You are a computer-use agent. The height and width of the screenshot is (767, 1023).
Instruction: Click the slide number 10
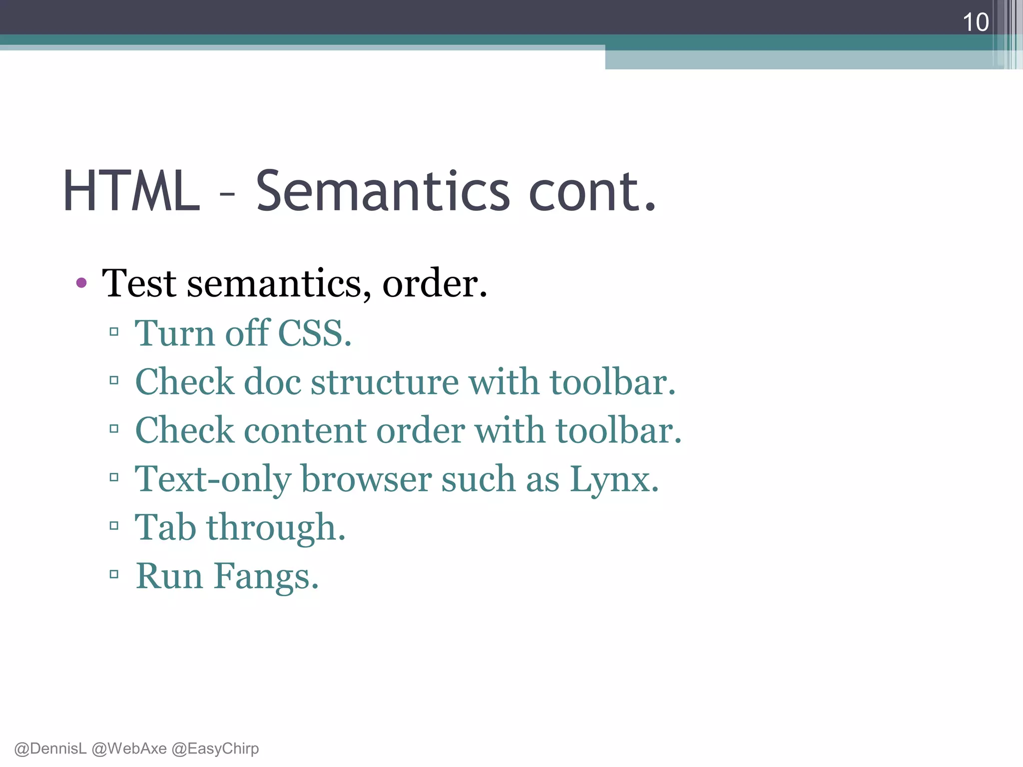(975, 22)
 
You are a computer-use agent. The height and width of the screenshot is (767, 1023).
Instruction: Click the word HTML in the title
(131, 191)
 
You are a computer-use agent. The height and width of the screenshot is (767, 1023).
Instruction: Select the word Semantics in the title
(383, 191)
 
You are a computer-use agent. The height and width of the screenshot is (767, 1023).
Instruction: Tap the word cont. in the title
(592, 191)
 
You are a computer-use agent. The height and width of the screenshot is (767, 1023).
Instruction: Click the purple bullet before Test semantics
(81, 283)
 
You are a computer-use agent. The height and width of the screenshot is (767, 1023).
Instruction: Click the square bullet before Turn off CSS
(114, 332)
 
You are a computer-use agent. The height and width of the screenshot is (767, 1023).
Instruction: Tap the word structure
(385, 382)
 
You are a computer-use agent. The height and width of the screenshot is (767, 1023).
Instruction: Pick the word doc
(272, 382)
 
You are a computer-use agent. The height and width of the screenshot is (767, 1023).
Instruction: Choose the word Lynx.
(614, 479)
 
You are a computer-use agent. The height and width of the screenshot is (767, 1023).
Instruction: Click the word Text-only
(213, 479)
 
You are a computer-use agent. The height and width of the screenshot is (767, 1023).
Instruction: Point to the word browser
(366, 479)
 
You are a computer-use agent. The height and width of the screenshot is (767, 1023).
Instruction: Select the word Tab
(165, 527)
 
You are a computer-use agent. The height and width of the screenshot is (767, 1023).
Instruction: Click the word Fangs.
(266, 576)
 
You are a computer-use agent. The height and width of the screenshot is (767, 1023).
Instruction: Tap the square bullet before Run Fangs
(114, 574)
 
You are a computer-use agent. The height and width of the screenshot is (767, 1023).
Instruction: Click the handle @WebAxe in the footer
(129, 749)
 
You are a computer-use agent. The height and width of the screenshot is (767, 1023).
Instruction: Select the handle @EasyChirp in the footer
(215, 749)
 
